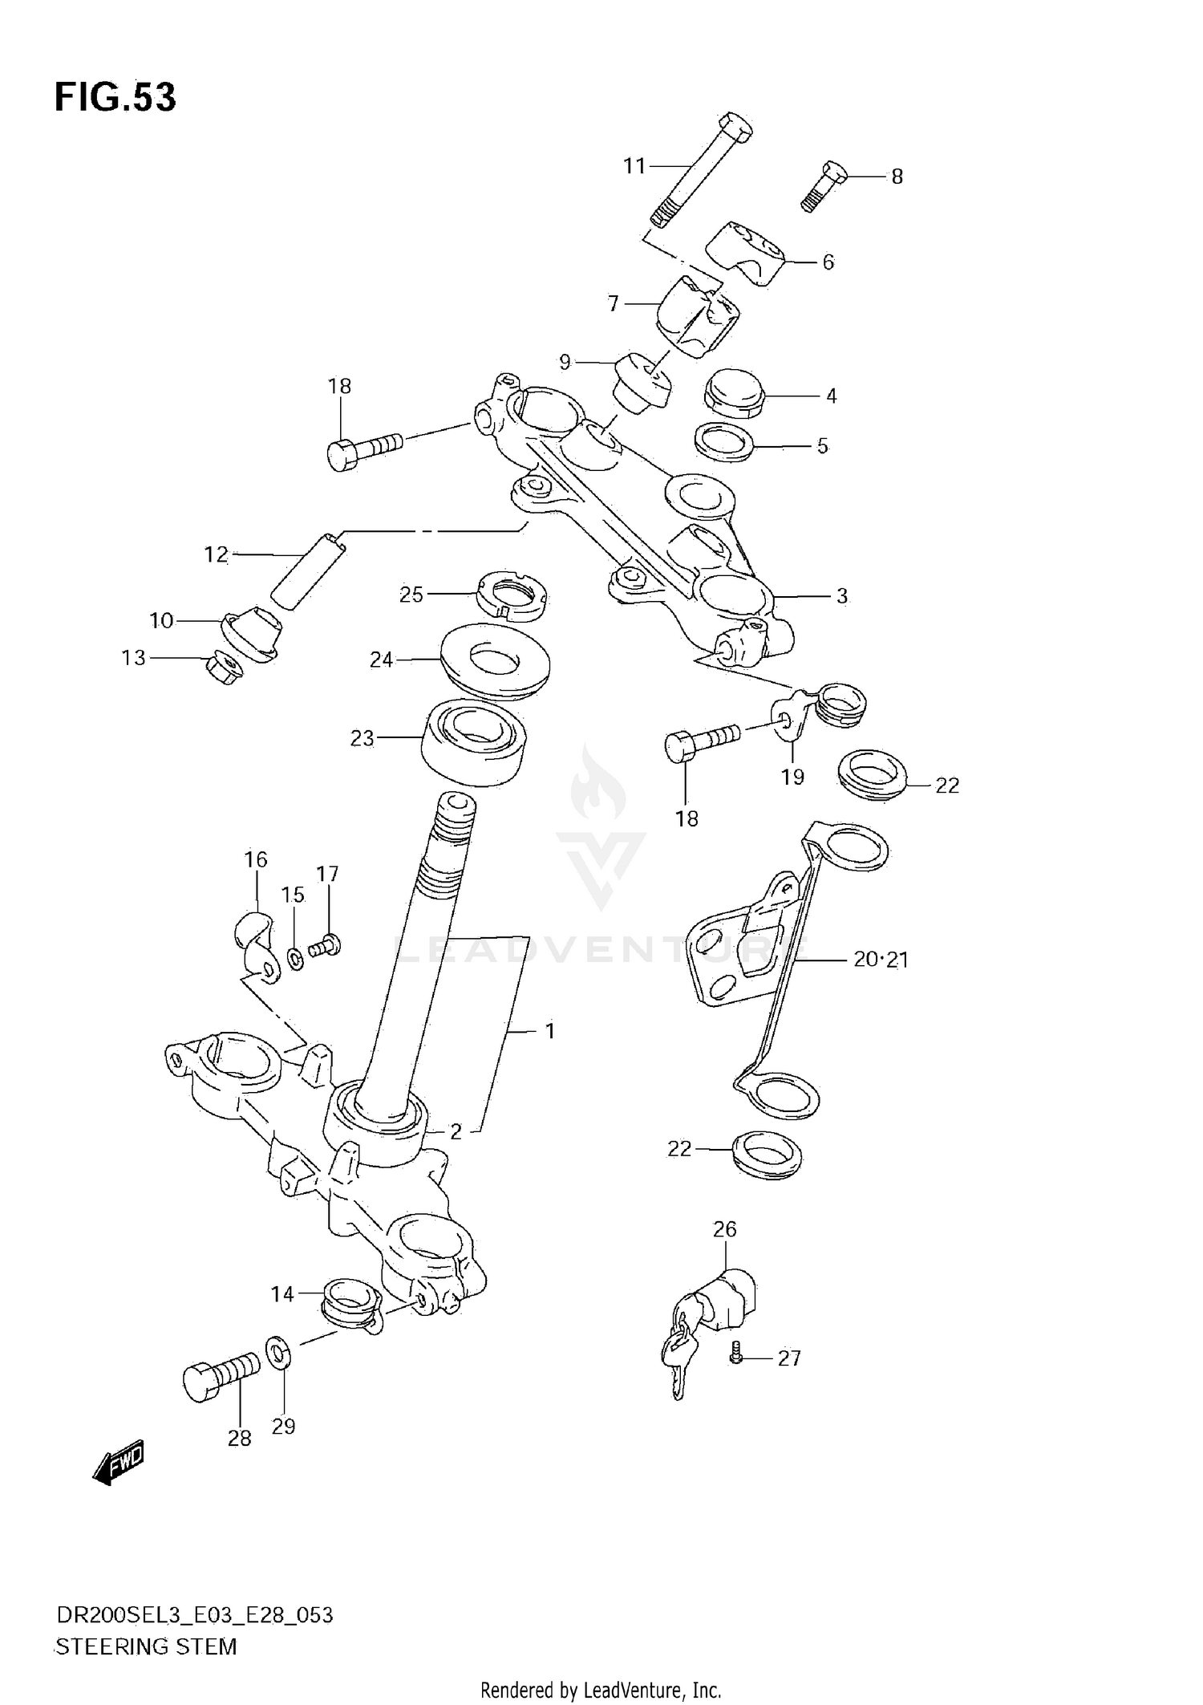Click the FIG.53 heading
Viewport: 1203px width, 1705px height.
coord(115,97)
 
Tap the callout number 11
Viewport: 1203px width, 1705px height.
coord(634,166)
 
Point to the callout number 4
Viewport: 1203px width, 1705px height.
coord(831,396)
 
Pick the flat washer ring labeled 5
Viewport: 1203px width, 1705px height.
coord(724,444)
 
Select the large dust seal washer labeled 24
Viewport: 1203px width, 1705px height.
coord(495,661)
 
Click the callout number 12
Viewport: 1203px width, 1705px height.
coord(216,554)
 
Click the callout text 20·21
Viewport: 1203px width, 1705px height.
coord(880,959)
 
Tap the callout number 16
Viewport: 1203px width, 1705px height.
coord(255,859)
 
